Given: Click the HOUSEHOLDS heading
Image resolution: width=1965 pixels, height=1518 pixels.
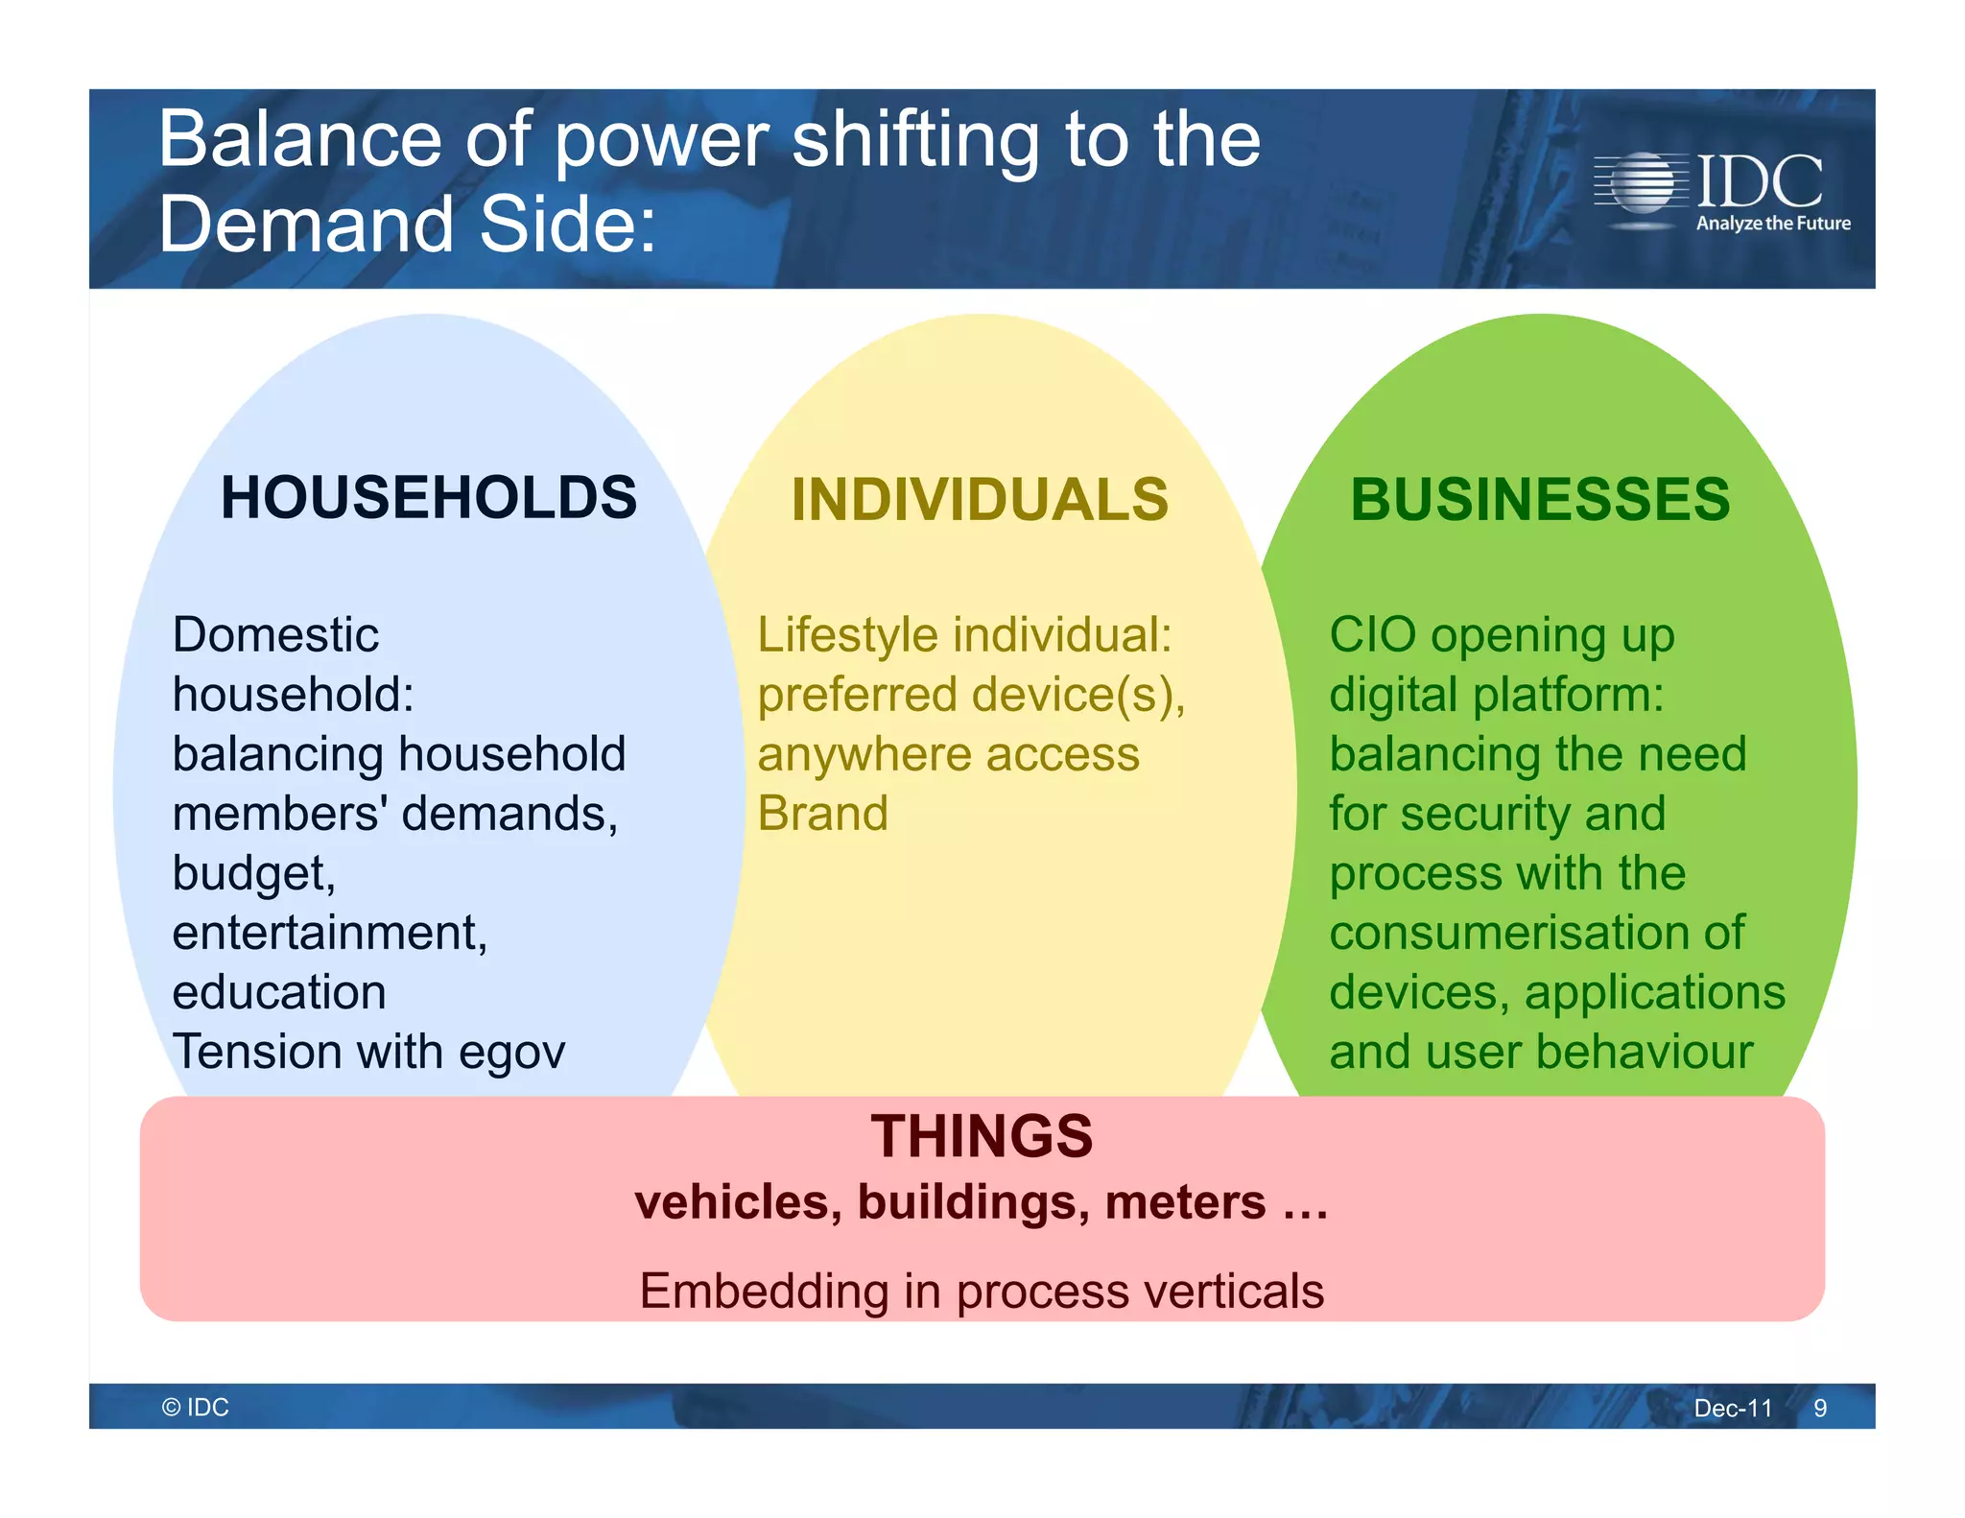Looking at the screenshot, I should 428,498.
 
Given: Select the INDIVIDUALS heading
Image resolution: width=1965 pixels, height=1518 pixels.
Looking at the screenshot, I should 980,500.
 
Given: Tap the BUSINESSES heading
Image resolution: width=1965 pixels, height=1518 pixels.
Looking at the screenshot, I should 1540,500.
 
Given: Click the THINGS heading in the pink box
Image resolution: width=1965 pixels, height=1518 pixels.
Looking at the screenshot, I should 982,1137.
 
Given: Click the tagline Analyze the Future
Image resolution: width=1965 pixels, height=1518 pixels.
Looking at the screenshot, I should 1772,224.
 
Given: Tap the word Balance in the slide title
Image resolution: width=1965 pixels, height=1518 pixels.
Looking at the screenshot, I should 299,140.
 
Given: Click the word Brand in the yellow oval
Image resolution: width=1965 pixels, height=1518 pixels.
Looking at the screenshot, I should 822,814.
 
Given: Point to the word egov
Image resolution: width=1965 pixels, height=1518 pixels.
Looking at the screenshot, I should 511,1053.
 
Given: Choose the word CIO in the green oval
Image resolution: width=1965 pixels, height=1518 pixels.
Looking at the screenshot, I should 1372,635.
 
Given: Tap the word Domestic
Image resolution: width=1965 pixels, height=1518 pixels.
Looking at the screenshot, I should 275,635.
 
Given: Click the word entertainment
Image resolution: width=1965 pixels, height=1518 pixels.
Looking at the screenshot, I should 329,933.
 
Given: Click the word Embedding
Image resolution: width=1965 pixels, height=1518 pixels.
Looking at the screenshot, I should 764,1291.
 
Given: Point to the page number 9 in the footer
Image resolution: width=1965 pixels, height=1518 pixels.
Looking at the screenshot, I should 1819,1408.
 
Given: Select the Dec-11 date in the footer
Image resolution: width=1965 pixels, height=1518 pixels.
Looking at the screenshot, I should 1733,1408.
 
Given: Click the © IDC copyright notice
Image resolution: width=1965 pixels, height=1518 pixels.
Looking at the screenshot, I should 196,1407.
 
